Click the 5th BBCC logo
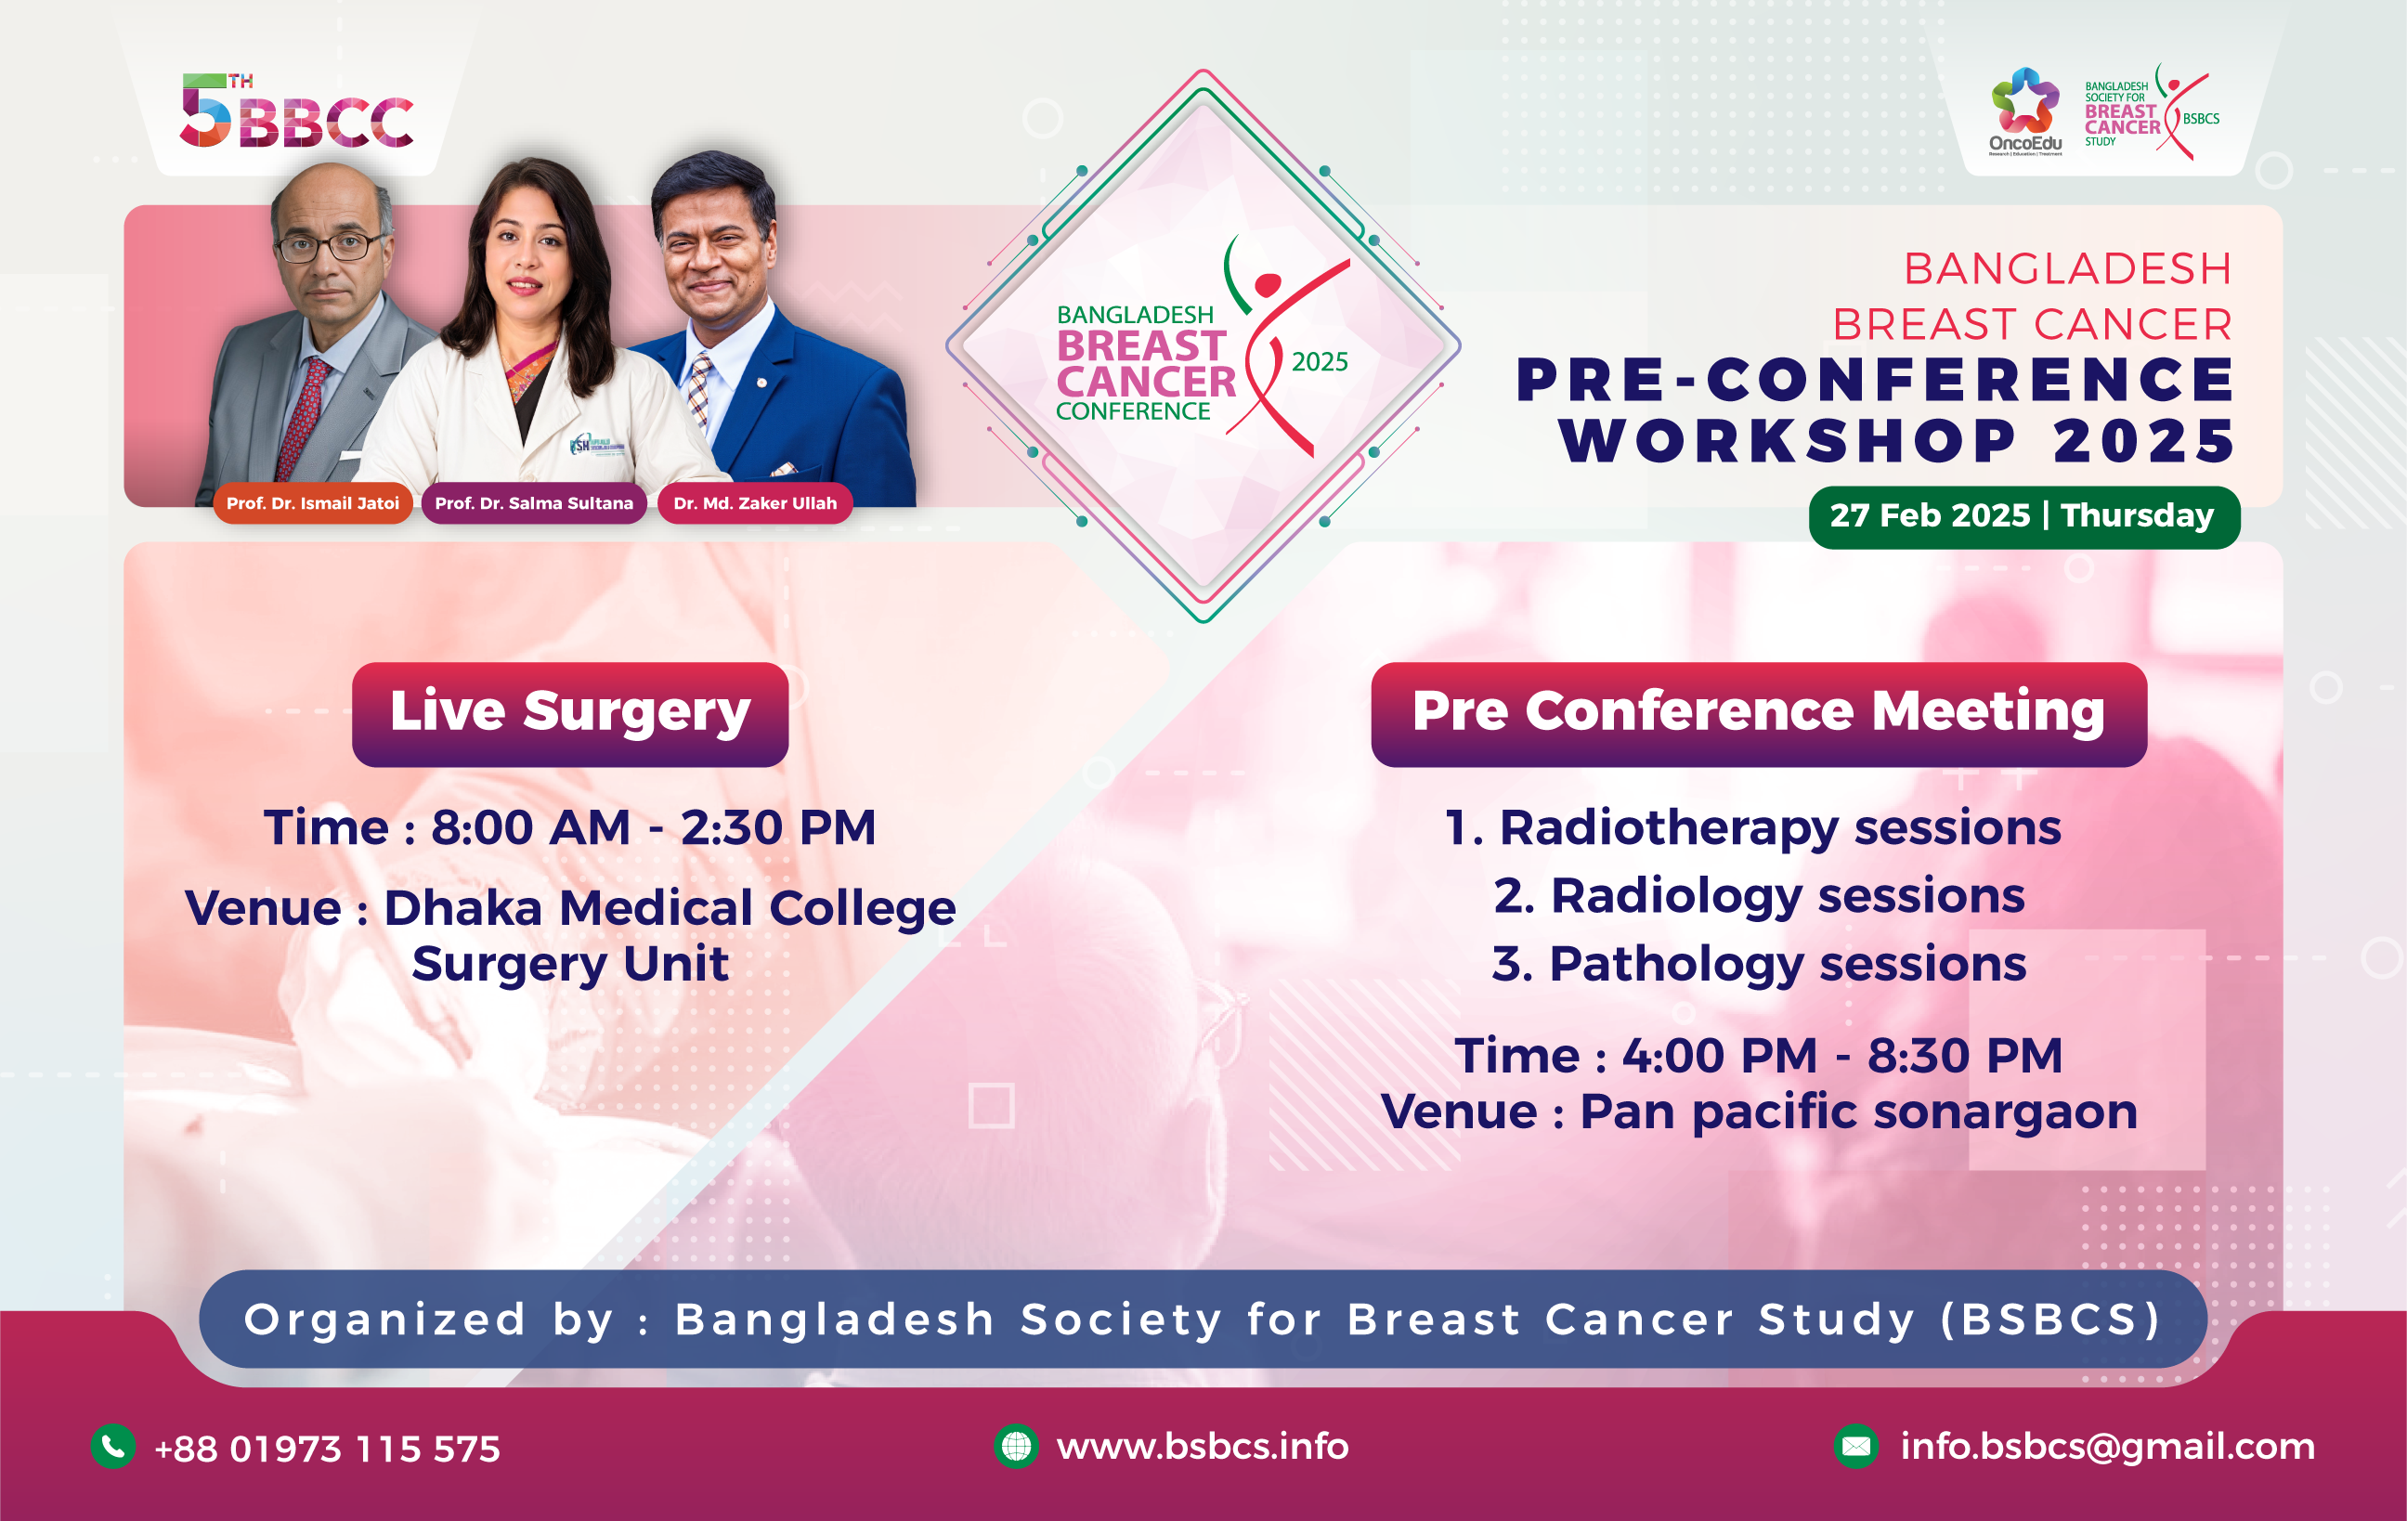[297, 110]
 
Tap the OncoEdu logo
[2025, 110]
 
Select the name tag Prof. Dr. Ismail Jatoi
[313, 502]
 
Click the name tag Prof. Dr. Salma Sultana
[534, 502]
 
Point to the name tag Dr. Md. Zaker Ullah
[755, 502]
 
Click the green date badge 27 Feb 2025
[2024, 516]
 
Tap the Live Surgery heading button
[570, 713]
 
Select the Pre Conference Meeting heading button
[1758, 713]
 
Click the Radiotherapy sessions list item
[1753, 828]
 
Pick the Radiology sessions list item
[1759, 896]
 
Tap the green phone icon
[114, 1446]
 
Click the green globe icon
[1017, 1446]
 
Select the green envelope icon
[1856, 1446]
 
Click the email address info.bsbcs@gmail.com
[2107, 1447]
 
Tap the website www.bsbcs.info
[1203, 1446]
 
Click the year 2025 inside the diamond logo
[1320, 362]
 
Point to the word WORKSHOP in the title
[1789, 441]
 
